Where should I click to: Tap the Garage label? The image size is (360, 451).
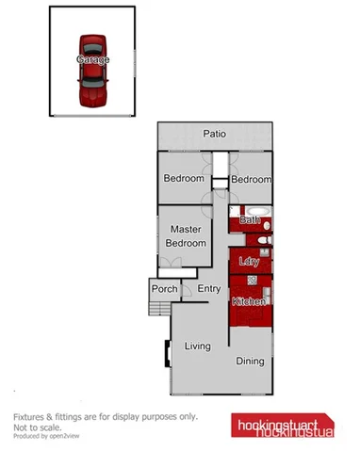pyautogui.click(x=93, y=58)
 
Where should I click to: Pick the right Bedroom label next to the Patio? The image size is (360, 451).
pyautogui.click(x=251, y=179)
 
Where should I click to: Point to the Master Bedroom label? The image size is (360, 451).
pyautogui.click(x=187, y=235)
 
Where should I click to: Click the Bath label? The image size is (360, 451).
pyautogui.click(x=250, y=220)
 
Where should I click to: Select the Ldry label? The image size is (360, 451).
pyautogui.click(x=249, y=262)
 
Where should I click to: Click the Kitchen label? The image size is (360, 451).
pyautogui.click(x=249, y=301)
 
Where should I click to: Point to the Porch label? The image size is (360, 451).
pyautogui.click(x=164, y=289)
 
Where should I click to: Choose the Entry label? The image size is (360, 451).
pyautogui.click(x=208, y=289)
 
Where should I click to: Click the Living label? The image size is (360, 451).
pyautogui.click(x=197, y=346)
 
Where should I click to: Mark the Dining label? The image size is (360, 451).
pyautogui.click(x=250, y=360)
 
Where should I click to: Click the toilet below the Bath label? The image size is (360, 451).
pyautogui.click(x=265, y=241)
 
